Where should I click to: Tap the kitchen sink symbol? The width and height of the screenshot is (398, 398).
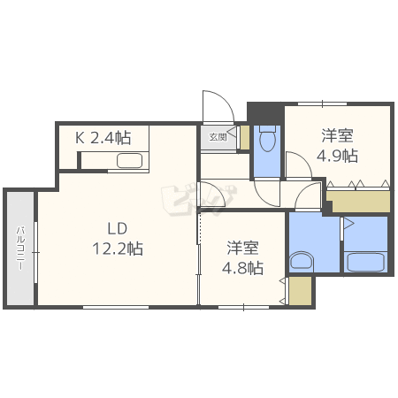pos(130,160)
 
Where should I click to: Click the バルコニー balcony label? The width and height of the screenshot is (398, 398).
pos(19,249)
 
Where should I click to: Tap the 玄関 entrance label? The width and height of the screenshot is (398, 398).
pos(218,137)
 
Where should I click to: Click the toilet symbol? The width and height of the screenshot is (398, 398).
pos(268,139)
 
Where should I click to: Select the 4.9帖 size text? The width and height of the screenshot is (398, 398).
pos(337,156)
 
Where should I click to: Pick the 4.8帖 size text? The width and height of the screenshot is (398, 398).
pos(243,268)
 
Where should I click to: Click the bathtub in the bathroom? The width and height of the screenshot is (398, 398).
pos(365,263)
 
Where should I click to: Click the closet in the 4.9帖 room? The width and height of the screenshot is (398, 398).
pos(358,200)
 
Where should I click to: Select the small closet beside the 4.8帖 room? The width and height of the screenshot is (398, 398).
pos(300,291)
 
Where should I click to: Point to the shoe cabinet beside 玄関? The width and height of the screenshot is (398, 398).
pos(243,136)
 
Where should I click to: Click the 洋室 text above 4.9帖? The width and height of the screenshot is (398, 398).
pos(337,135)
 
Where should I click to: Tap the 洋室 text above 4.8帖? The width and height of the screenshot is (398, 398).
pos(243,248)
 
